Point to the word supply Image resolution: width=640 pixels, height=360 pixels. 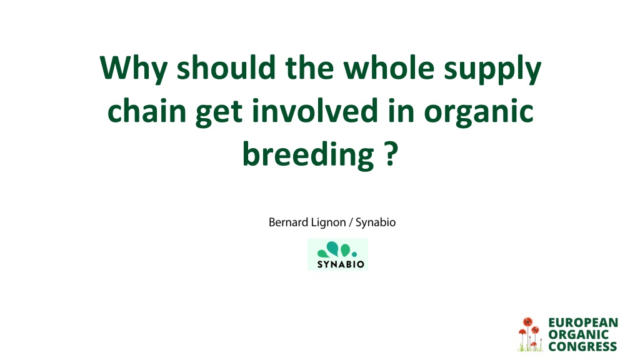pos(492,69)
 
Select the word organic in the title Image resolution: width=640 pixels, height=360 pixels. pos(479,112)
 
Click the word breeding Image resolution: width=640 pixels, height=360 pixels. pos(308,155)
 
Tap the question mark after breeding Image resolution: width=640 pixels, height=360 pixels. pos(391,154)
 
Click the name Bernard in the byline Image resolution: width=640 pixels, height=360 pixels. pos(288,222)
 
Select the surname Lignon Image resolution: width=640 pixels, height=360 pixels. pos(328,223)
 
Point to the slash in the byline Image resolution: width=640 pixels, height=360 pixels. pos(351,223)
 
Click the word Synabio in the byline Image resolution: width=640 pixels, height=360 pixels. pos(376,223)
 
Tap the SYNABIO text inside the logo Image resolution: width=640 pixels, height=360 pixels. pos(341,264)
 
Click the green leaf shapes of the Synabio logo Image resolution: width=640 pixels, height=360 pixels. pos(337,249)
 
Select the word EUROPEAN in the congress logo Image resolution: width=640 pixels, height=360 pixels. pos(583,322)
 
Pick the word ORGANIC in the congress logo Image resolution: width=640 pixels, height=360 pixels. pos(578,335)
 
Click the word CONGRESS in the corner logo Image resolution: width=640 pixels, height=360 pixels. pos(582,347)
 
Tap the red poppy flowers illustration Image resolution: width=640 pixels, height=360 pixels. pos(530,334)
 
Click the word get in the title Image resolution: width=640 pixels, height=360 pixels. pos(219,113)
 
